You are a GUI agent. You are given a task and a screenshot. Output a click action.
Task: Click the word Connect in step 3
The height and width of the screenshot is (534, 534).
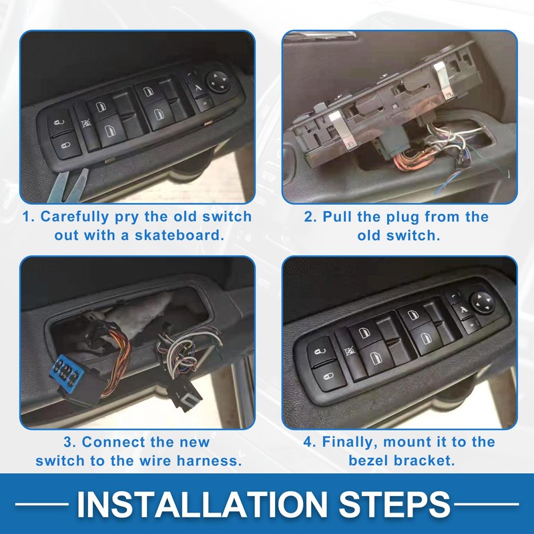point(118,442)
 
